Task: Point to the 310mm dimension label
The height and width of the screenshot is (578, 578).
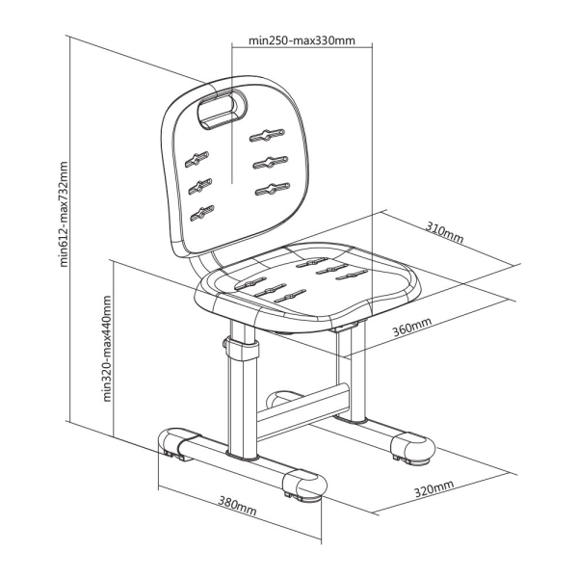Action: coord(444,231)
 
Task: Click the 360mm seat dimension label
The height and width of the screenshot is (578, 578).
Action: coord(411,328)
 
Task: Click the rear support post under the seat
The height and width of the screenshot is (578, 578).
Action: coord(356,376)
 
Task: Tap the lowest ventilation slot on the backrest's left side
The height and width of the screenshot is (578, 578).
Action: coord(200,211)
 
